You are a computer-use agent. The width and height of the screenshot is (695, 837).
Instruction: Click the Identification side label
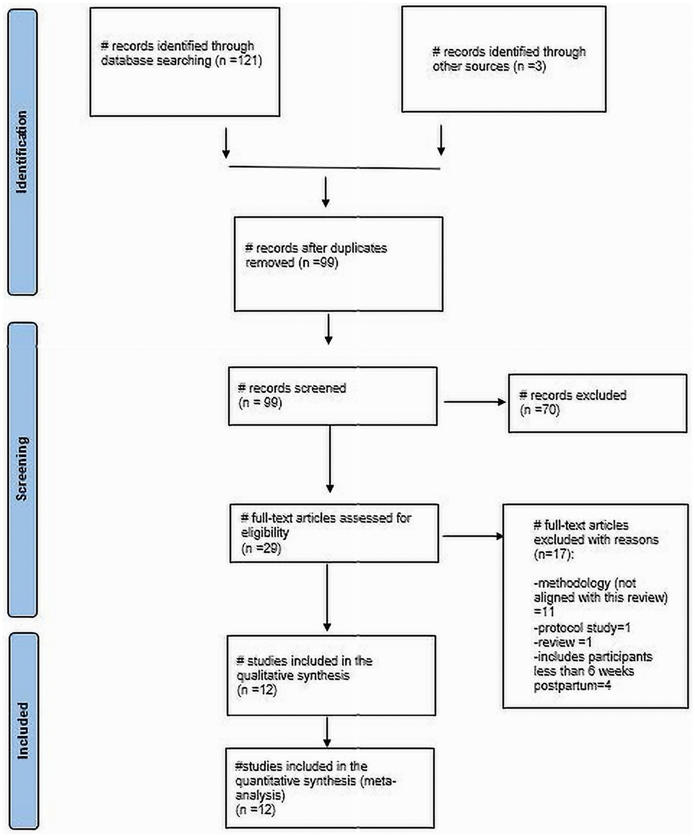(x=22, y=152)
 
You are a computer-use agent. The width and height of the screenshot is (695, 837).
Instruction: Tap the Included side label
(x=22, y=730)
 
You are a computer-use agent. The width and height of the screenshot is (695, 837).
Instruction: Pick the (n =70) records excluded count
(x=540, y=410)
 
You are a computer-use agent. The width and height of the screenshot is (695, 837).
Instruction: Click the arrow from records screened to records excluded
(x=474, y=402)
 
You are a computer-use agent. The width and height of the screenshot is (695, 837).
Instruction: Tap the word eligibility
(x=265, y=533)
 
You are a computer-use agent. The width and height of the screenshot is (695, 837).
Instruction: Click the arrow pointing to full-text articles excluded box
(x=472, y=537)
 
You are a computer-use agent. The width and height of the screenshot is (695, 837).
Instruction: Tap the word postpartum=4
(x=572, y=685)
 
